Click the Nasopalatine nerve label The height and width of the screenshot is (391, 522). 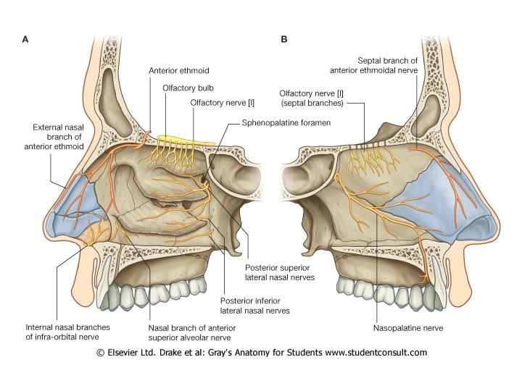click(x=408, y=327)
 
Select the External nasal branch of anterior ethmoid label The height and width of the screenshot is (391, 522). click(x=59, y=137)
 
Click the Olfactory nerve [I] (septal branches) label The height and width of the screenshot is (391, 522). click(x=312, y=98)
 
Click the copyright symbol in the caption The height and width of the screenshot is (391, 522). click(x=100, y=353)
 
